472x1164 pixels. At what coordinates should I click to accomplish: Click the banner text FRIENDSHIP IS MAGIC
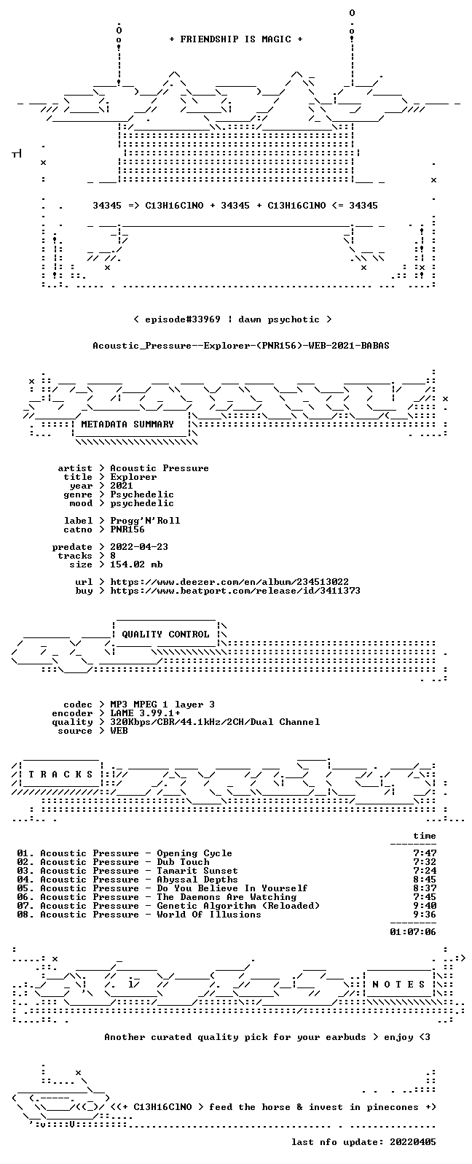pyautogui.click(x=236, y=39)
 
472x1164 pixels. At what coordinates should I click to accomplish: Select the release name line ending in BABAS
pyautogui.click(x=241, y=346)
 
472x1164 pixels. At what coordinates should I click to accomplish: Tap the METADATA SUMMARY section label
pyautogui.click(x=127, y=424)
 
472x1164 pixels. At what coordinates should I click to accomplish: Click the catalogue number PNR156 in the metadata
pyautogui.click(x=127, y=529)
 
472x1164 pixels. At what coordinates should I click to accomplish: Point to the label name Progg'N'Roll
pyautogui.click(x=145, y=521)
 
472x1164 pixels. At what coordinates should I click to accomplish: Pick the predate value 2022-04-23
pyautogui.click(x=139, y=547)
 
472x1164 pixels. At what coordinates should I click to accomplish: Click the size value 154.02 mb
pyautogui.click(x=136, y=564)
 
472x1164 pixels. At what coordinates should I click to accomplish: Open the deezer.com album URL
pyautogui.click(x=229, y=582)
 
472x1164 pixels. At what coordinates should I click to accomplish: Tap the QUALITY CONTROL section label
pyautogui.click(x=165, y=634)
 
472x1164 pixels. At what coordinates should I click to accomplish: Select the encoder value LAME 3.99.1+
pyautogui.click(x=145, y=713)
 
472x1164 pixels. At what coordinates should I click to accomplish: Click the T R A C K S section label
pyautogui.click(x=60, y=775)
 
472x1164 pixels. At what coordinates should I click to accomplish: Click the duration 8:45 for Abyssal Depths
pyautogui.click(x=425, y=880)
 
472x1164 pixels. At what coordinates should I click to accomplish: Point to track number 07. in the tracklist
pyautogui.click(x=25, y=905)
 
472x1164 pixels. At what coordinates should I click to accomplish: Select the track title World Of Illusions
pyautogui.click(x=209, y=914)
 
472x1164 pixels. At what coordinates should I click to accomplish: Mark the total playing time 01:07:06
pyautogui.click(x=413, y=932)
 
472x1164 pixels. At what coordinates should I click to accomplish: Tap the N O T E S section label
pyautogui.click(x=398, y=984)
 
